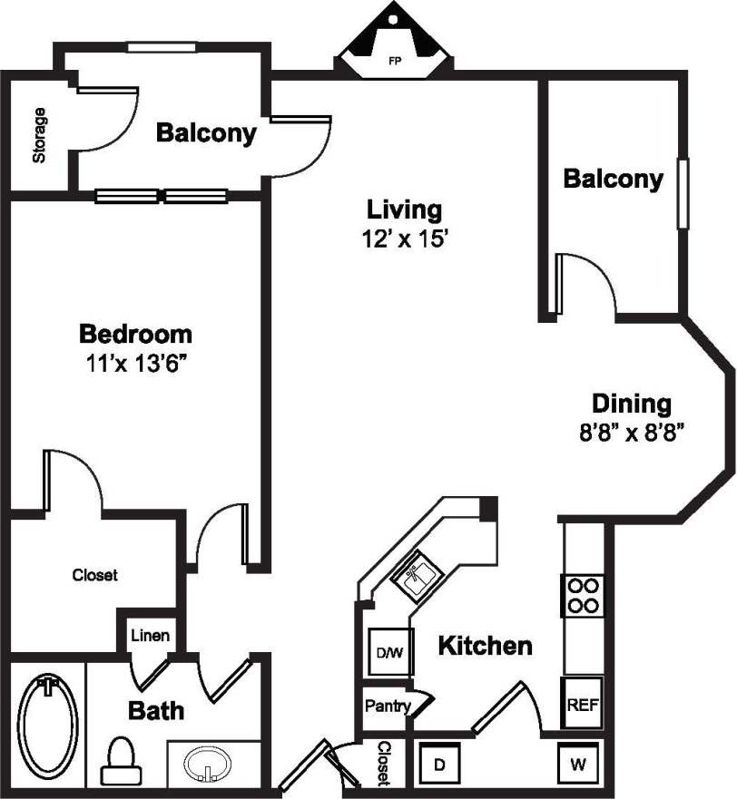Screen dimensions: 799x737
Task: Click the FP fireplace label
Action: click(x=395, y=63)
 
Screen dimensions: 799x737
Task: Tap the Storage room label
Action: click(x=39, y=135)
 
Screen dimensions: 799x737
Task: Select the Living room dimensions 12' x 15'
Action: click(x=404, y=239)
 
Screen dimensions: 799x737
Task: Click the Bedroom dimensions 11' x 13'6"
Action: click(x=136, y=363)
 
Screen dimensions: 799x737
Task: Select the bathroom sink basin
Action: click(x=210, y=761)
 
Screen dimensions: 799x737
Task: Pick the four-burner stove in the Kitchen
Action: click(x=581, y=595)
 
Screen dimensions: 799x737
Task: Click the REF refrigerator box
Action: click(x=580, y=705)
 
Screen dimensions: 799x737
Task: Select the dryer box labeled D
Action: click(x=439, y=764)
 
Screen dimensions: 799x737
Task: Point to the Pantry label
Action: click(x=387, y=705)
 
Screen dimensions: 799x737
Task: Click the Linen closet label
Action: click(x=150, y=636)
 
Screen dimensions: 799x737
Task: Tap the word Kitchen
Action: click(x=485, y=646)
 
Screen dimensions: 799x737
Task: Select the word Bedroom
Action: click(x=136, y=334)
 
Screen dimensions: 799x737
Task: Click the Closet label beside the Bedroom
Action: click(x=94, y=575)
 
